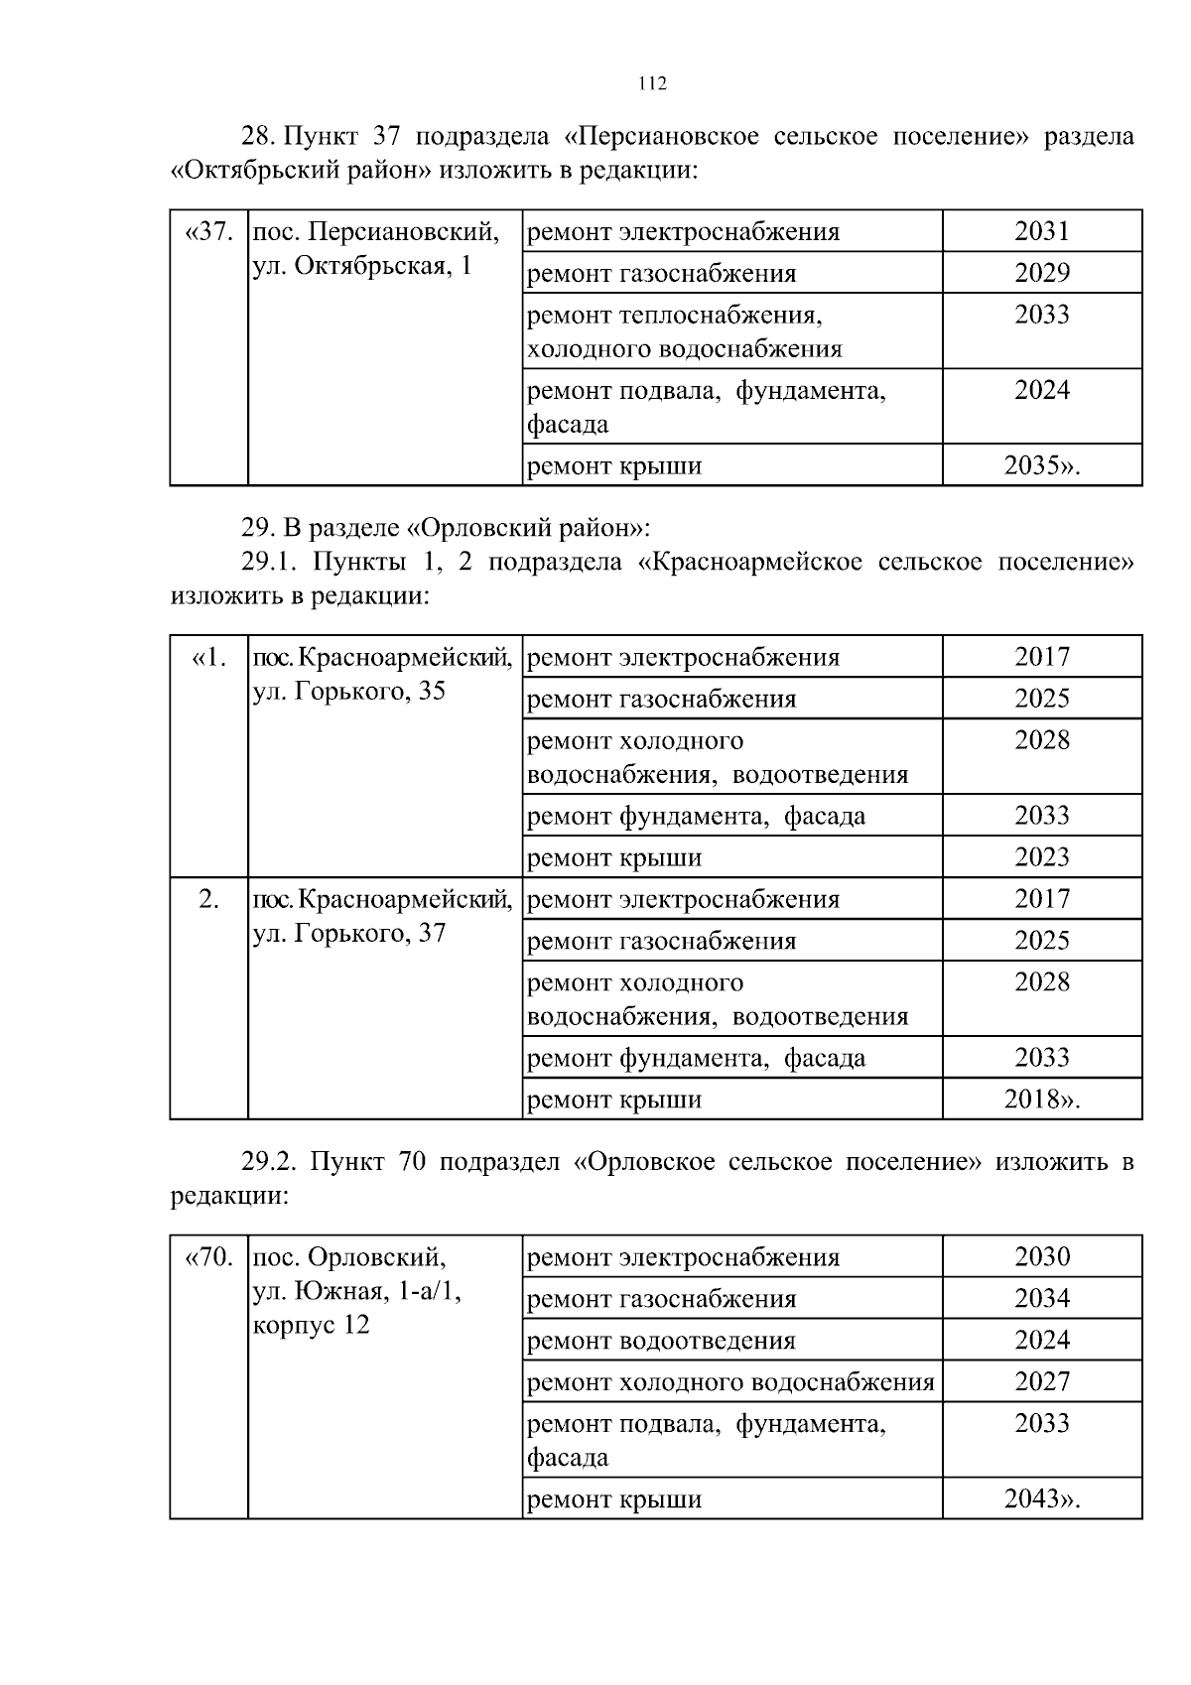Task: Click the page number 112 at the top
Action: click(x=651, y=84)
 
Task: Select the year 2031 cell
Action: click(x=1041, y=231)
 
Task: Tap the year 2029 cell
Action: click(x=1041, y=273)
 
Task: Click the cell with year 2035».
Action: click(x=1041, y=465)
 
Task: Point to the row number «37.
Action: click(x=209, y=232)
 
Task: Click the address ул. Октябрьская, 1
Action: click(x=362, y=266)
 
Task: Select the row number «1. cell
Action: click(x=209, y=658)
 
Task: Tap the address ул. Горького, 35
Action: click(x=349, y=691)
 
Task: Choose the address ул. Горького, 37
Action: click(x=349, y=933)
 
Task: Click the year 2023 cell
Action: click(x=1041, y=857)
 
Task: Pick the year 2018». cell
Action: click(x=1041, y=1100)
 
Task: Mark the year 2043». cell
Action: click(x=1041, y=1498)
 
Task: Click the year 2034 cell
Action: click(x=1041, y=1299)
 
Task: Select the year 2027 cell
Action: click(x=1041, y=1382)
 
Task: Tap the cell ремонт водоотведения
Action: click(x=661, y=1342)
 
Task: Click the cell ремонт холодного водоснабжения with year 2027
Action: click(x=730, y=1382)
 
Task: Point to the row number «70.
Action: click(x=209, y=1258)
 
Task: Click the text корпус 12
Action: click(x=312, y=1326)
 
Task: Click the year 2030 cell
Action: click(x=1041, y=1257)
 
